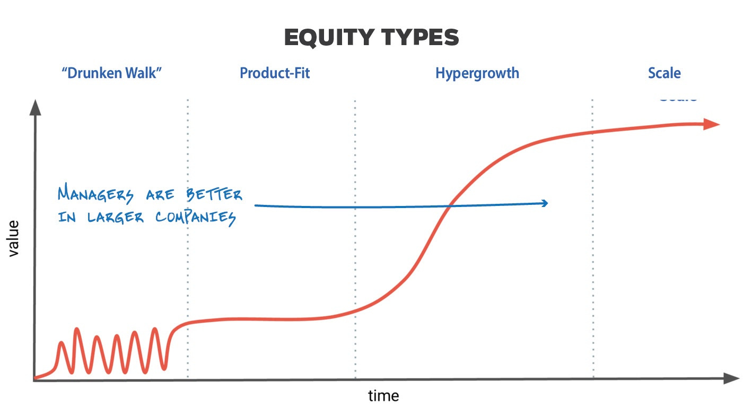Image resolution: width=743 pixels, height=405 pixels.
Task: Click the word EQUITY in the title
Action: pyautogui.click(x=329, y=38)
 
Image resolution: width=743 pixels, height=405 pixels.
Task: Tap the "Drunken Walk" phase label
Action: pyautogui.click(x=111, y=73)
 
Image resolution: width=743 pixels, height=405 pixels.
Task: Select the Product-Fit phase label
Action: pyautogui.click(x=275, y=73)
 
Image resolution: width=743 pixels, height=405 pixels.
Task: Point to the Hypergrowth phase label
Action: pyautogui.click(x=477, y=74)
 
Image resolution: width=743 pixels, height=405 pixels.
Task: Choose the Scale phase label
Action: pyautogui.click(x=665, y=73)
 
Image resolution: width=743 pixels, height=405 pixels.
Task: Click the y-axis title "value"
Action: pyautogui.click(x=13, y=238)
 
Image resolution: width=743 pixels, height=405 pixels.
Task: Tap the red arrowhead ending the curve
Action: pyautogui.click(x=711, y=125)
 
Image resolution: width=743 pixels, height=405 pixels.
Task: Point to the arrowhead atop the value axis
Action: pyautogui.click(x=35, y=108)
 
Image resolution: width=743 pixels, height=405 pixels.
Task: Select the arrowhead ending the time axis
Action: pyautogui.click(x=731, y=379)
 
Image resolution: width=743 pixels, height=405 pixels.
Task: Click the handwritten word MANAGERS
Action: pyautogui.click(x=95, y=194)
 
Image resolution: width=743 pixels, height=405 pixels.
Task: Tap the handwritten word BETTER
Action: pyautogui.click(x=214, y=194)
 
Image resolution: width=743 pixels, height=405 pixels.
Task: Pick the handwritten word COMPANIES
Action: pyautogui.click(x=196, y=218)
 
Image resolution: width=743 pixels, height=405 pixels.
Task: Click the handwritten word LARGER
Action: pyautogui.click(x=116, y=218)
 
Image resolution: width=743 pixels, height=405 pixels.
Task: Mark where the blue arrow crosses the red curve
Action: pyautogui.click(x=449, y=206)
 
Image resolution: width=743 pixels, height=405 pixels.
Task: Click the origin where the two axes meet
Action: pyautogui.click(x=34, y=380)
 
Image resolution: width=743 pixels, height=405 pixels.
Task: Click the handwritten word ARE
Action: pyautogui.click(x=160, y=195)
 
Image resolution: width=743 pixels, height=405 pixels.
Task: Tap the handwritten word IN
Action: pyautogui.click(x=67, y=217)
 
